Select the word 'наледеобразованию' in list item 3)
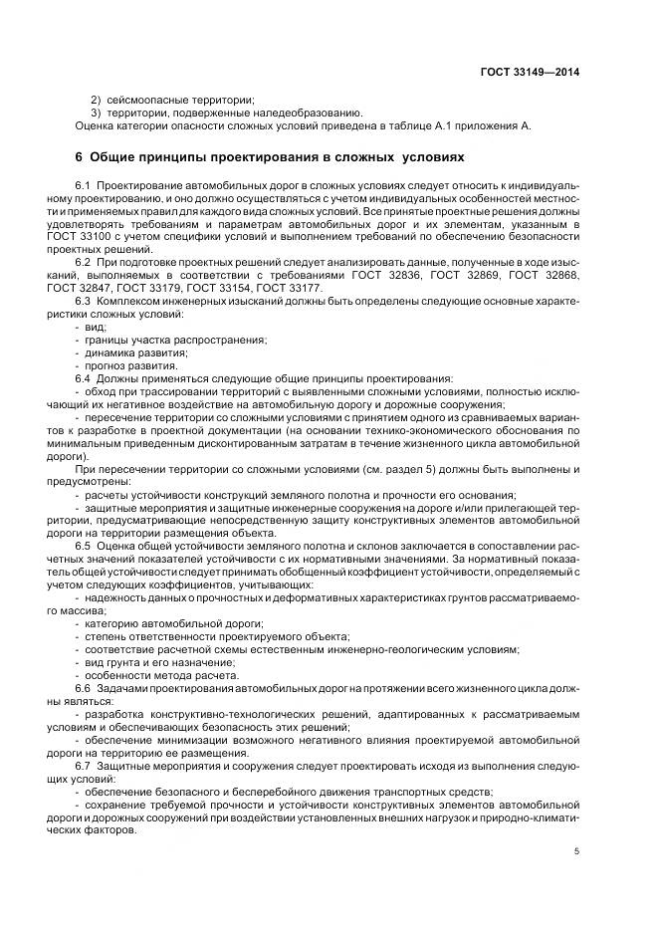click(306, 113)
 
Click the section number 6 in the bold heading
click(80, 157)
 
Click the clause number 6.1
click(84, 186)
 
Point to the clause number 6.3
click(84, 301)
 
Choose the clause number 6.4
click(84, 378)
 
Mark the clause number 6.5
click(84, 547)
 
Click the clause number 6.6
click(84, 688)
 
